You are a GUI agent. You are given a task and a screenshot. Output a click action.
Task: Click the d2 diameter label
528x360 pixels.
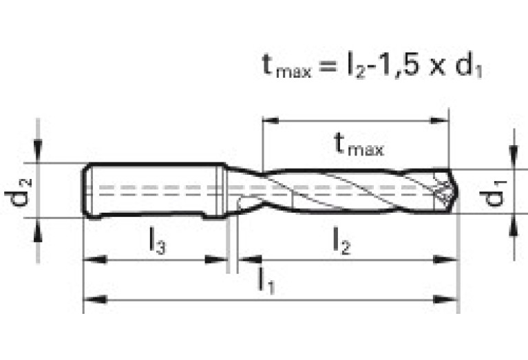click(19, 192)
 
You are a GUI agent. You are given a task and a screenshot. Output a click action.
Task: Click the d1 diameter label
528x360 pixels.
click(493, 193)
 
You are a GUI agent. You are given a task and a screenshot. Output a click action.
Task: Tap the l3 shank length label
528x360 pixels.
click(157, 240)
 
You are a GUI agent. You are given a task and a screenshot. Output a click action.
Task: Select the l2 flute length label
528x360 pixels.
click(341, 240)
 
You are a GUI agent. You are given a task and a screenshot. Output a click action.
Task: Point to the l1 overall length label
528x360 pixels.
click(266, 281)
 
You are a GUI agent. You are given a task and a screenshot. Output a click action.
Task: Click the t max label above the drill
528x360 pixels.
click(359, 144)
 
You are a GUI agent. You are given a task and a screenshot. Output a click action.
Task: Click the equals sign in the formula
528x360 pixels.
click(328, 66)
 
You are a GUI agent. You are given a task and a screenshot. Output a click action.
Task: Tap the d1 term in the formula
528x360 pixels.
click(469, 65)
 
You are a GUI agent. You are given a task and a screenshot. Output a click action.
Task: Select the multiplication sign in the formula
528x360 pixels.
click(437, 67)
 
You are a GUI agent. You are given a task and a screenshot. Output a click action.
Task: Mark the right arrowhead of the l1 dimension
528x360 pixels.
click(445, 299)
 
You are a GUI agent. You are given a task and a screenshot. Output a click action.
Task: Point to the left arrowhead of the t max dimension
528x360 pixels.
click(271, 120)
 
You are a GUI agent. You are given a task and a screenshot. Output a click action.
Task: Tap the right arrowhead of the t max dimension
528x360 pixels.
click(440, 120)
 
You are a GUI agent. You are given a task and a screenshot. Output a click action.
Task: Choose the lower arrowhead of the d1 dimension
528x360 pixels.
click(514, 226)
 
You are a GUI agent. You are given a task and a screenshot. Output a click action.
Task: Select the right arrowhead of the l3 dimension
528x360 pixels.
click(215, 260)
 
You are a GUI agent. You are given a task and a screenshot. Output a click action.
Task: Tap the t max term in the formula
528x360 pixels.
click(286, 66)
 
